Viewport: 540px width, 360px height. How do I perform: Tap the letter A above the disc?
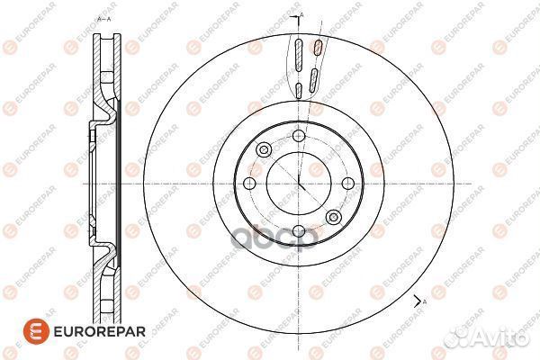[x=302, y=16]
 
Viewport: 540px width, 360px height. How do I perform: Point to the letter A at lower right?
[x=422, y=306]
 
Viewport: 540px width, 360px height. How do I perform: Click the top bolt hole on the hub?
[x=297, y=136]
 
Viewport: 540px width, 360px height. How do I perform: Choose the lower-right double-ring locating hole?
[x=332, y=217]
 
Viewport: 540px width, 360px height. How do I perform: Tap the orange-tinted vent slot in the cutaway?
[x=316, y=48]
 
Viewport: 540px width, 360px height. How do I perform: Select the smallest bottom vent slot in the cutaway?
[x=297, y=90]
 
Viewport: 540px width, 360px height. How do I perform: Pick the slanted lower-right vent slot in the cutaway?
[x=312, y=78]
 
